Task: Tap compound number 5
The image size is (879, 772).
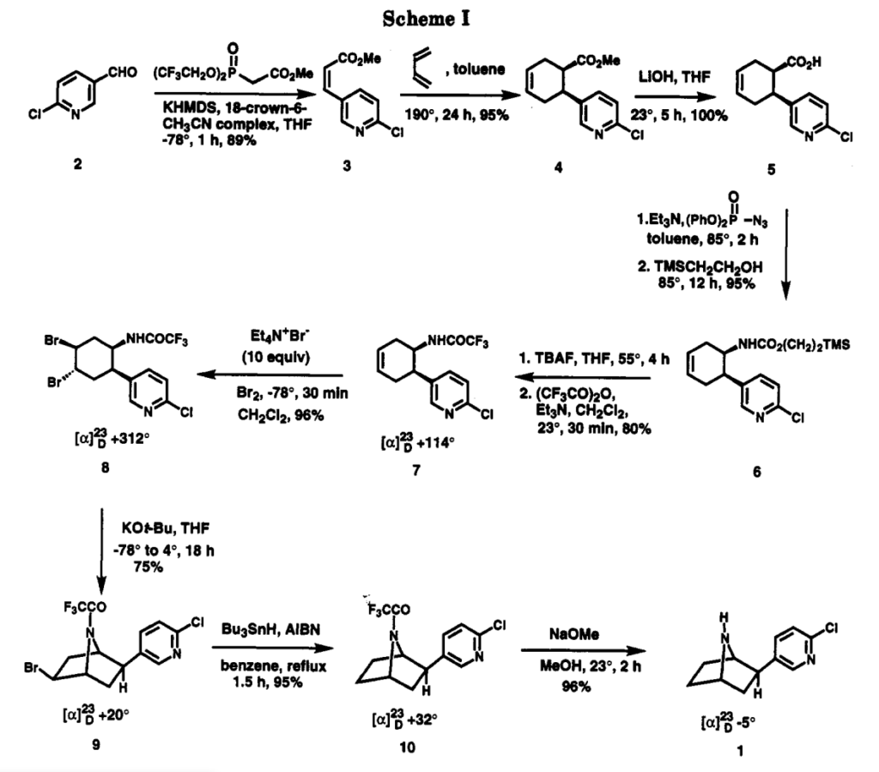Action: (x=770, y=169)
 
